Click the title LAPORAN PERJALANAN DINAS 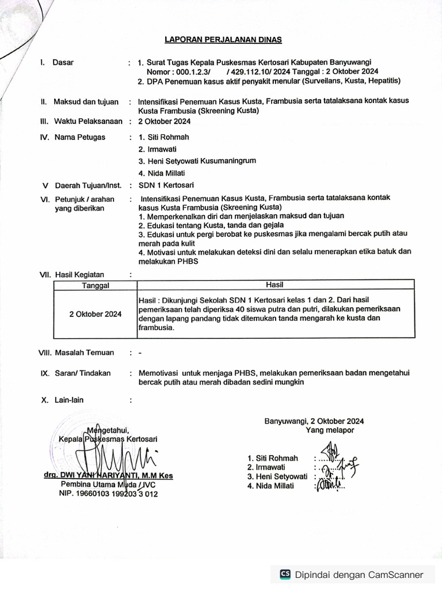[x=223, y=40]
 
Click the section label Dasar [x=63, y=62]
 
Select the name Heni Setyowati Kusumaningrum [x=197, y=161]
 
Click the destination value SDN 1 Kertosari [x=166, y=185]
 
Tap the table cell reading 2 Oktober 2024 [x=96, y=314]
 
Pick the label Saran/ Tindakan [x=82, y=373]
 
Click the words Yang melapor [x=330, y=430]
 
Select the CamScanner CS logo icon [x=285, y=574]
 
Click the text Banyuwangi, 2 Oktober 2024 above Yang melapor [x=314, y=421]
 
